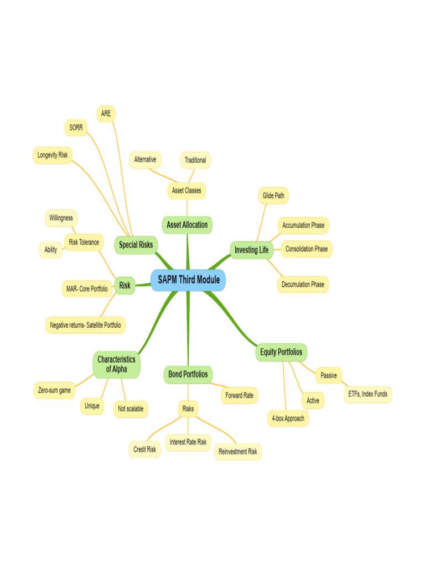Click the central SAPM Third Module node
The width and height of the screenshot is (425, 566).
[188, 280]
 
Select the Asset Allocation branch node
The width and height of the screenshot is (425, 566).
[188, 225]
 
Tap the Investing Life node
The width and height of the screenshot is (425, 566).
[251, 250]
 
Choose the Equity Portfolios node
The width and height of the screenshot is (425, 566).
[282, 352]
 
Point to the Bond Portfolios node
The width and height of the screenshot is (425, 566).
[188, 374]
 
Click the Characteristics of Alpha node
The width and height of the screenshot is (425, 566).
[116, 364]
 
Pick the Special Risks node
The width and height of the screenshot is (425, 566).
[136, 244]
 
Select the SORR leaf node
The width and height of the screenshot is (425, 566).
[75, 127]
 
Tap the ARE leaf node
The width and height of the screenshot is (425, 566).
[106, 113]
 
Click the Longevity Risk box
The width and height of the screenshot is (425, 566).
[53, 155]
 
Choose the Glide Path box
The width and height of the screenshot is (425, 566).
[273, 195]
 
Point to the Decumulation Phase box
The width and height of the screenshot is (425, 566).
[303, 285]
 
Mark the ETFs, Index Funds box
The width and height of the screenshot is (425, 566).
[367, 394]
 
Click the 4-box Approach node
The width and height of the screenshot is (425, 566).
[288, 418]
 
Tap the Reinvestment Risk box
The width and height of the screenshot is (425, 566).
[238, 452]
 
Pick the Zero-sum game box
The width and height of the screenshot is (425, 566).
[54, 390]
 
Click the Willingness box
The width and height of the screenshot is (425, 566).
[61, 218]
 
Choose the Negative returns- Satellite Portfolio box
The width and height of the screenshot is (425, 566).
[85, 325]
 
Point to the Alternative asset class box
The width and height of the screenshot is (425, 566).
[145, 160]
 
